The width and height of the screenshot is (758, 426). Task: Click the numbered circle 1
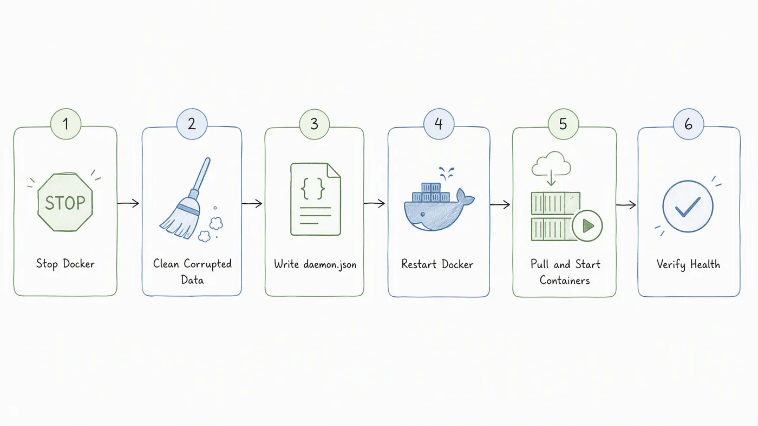coord(66,124)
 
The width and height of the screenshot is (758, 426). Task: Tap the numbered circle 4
coord(439,124)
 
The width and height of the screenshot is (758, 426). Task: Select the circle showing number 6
coord(689,124)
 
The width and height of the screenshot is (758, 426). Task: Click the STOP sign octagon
coord(65,202)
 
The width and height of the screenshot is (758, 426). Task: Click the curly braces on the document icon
coord(313,189)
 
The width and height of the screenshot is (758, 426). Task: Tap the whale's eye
coord(422,215)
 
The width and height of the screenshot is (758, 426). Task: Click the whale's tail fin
coord(465,197)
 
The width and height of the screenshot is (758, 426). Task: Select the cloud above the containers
coord(551,164)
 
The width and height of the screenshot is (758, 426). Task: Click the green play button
coord(587,225)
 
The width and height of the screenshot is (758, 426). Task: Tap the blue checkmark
coord(688,207)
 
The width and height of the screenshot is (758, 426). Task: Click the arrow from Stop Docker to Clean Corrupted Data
coord(128,203)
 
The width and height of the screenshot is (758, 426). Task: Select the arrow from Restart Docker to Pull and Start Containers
coord(500,204)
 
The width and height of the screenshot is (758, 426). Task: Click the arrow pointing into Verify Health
coord(626,205)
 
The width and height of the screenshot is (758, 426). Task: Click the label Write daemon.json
coord(315,264)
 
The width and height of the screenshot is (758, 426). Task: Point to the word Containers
coord(564,281)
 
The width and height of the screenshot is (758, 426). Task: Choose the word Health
coord(705,264)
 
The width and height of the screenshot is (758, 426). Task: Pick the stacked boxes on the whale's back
coord(431,192)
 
